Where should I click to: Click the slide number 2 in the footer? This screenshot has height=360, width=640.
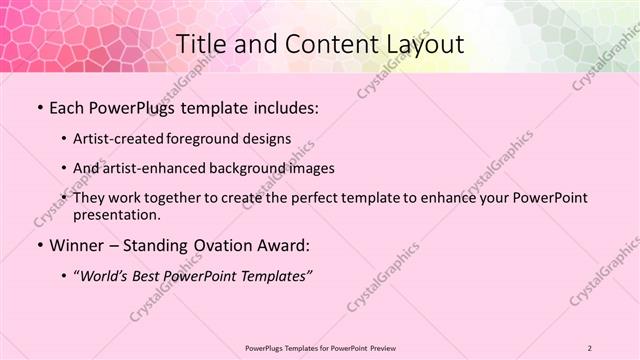590,348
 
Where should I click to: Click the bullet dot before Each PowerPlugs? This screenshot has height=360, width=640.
38,108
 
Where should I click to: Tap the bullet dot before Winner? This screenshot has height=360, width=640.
38,245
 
